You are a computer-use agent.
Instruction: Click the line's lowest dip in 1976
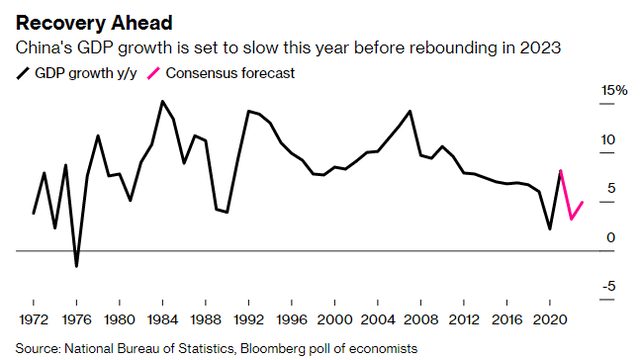click(77, 266)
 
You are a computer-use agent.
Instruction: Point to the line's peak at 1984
click(163, 101)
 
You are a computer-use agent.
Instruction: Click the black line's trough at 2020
click(550, 229)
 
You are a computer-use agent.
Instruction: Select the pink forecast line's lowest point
click(571, 219)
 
